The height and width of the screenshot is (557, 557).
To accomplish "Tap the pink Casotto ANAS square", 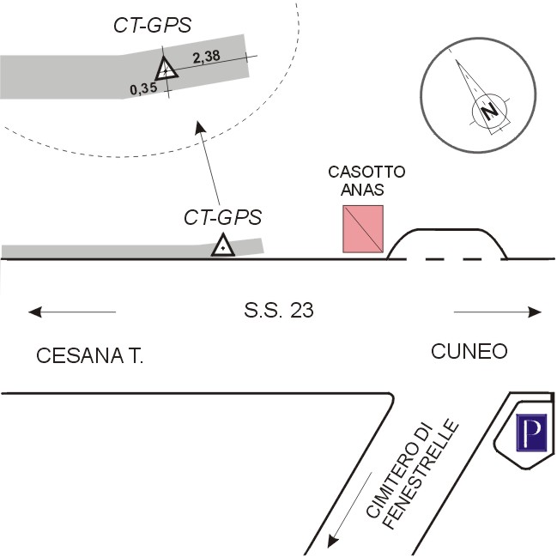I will click(x=363, y=230).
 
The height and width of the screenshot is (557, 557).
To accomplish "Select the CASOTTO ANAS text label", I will click(x=366, y=181).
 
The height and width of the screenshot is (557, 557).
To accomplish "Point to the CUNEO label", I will click(x=469, y=351).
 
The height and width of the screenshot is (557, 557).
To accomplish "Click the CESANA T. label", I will click(x=89, y=356).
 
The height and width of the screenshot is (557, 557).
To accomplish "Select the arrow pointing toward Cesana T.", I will click(x=71, y=312).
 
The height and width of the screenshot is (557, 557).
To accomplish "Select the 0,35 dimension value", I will click(x=143, y=88).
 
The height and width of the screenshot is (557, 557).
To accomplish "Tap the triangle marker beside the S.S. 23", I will click(x=222, y=246).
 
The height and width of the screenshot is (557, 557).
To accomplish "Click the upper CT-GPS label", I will click(x=152, y=25).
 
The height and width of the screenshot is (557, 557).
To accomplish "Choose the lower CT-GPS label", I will click(x=222, y=217).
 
